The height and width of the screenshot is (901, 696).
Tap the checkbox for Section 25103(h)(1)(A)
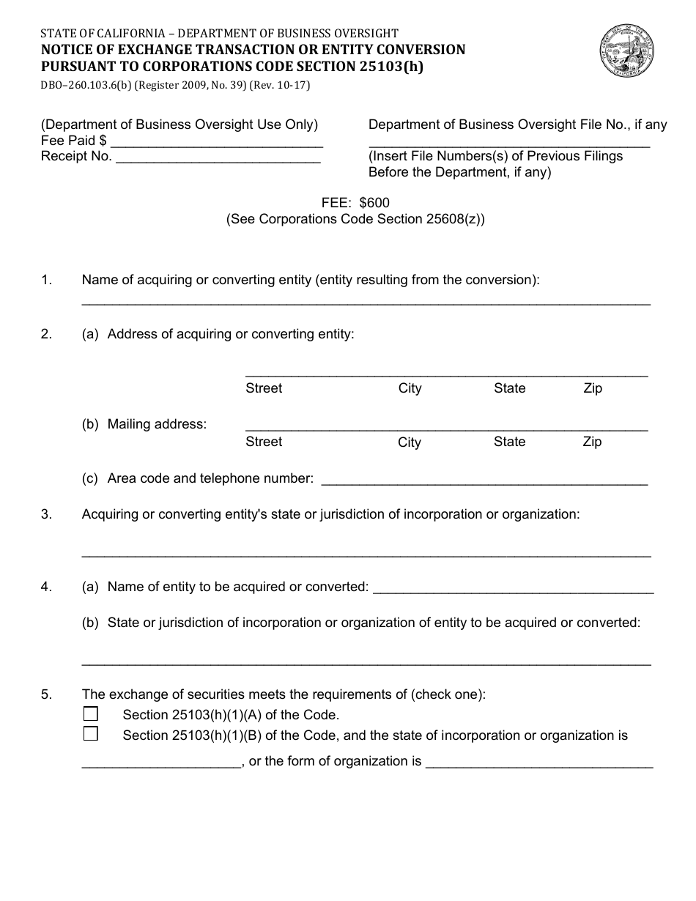pyautogui.click(x=90, y=714)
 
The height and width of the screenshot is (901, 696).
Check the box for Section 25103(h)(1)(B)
pyautogui.click(x=90, y=734)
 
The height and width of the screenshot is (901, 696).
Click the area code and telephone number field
pyautogui.click(x=484, y=481)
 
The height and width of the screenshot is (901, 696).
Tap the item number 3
pyautogui.click(x=46, y=514)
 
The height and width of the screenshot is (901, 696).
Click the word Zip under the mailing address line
pyautogui.click(x=592, y=442)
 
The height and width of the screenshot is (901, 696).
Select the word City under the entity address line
pyautogui.click(x=410, y=388)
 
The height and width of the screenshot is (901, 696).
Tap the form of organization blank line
pyautogui.click(x=538, y=765)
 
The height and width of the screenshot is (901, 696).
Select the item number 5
pyautogui.click(x=46, y=694)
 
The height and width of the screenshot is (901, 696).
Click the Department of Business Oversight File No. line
pyautogui.click(x=509, y=144)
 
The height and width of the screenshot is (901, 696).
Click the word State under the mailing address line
pyautogui.click(x=509, y=442)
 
